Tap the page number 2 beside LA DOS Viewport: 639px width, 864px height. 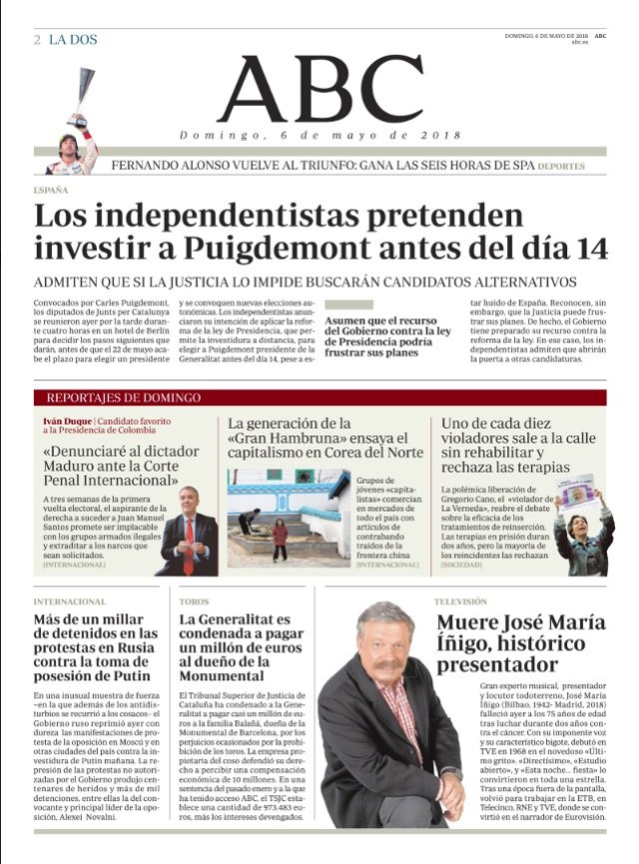coord(37,41)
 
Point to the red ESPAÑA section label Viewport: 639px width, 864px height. coord(51,190)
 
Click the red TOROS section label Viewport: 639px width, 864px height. coord(194,602)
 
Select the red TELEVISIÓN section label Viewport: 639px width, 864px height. coord(461,602)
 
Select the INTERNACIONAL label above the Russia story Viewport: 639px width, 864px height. coord(70,602)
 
